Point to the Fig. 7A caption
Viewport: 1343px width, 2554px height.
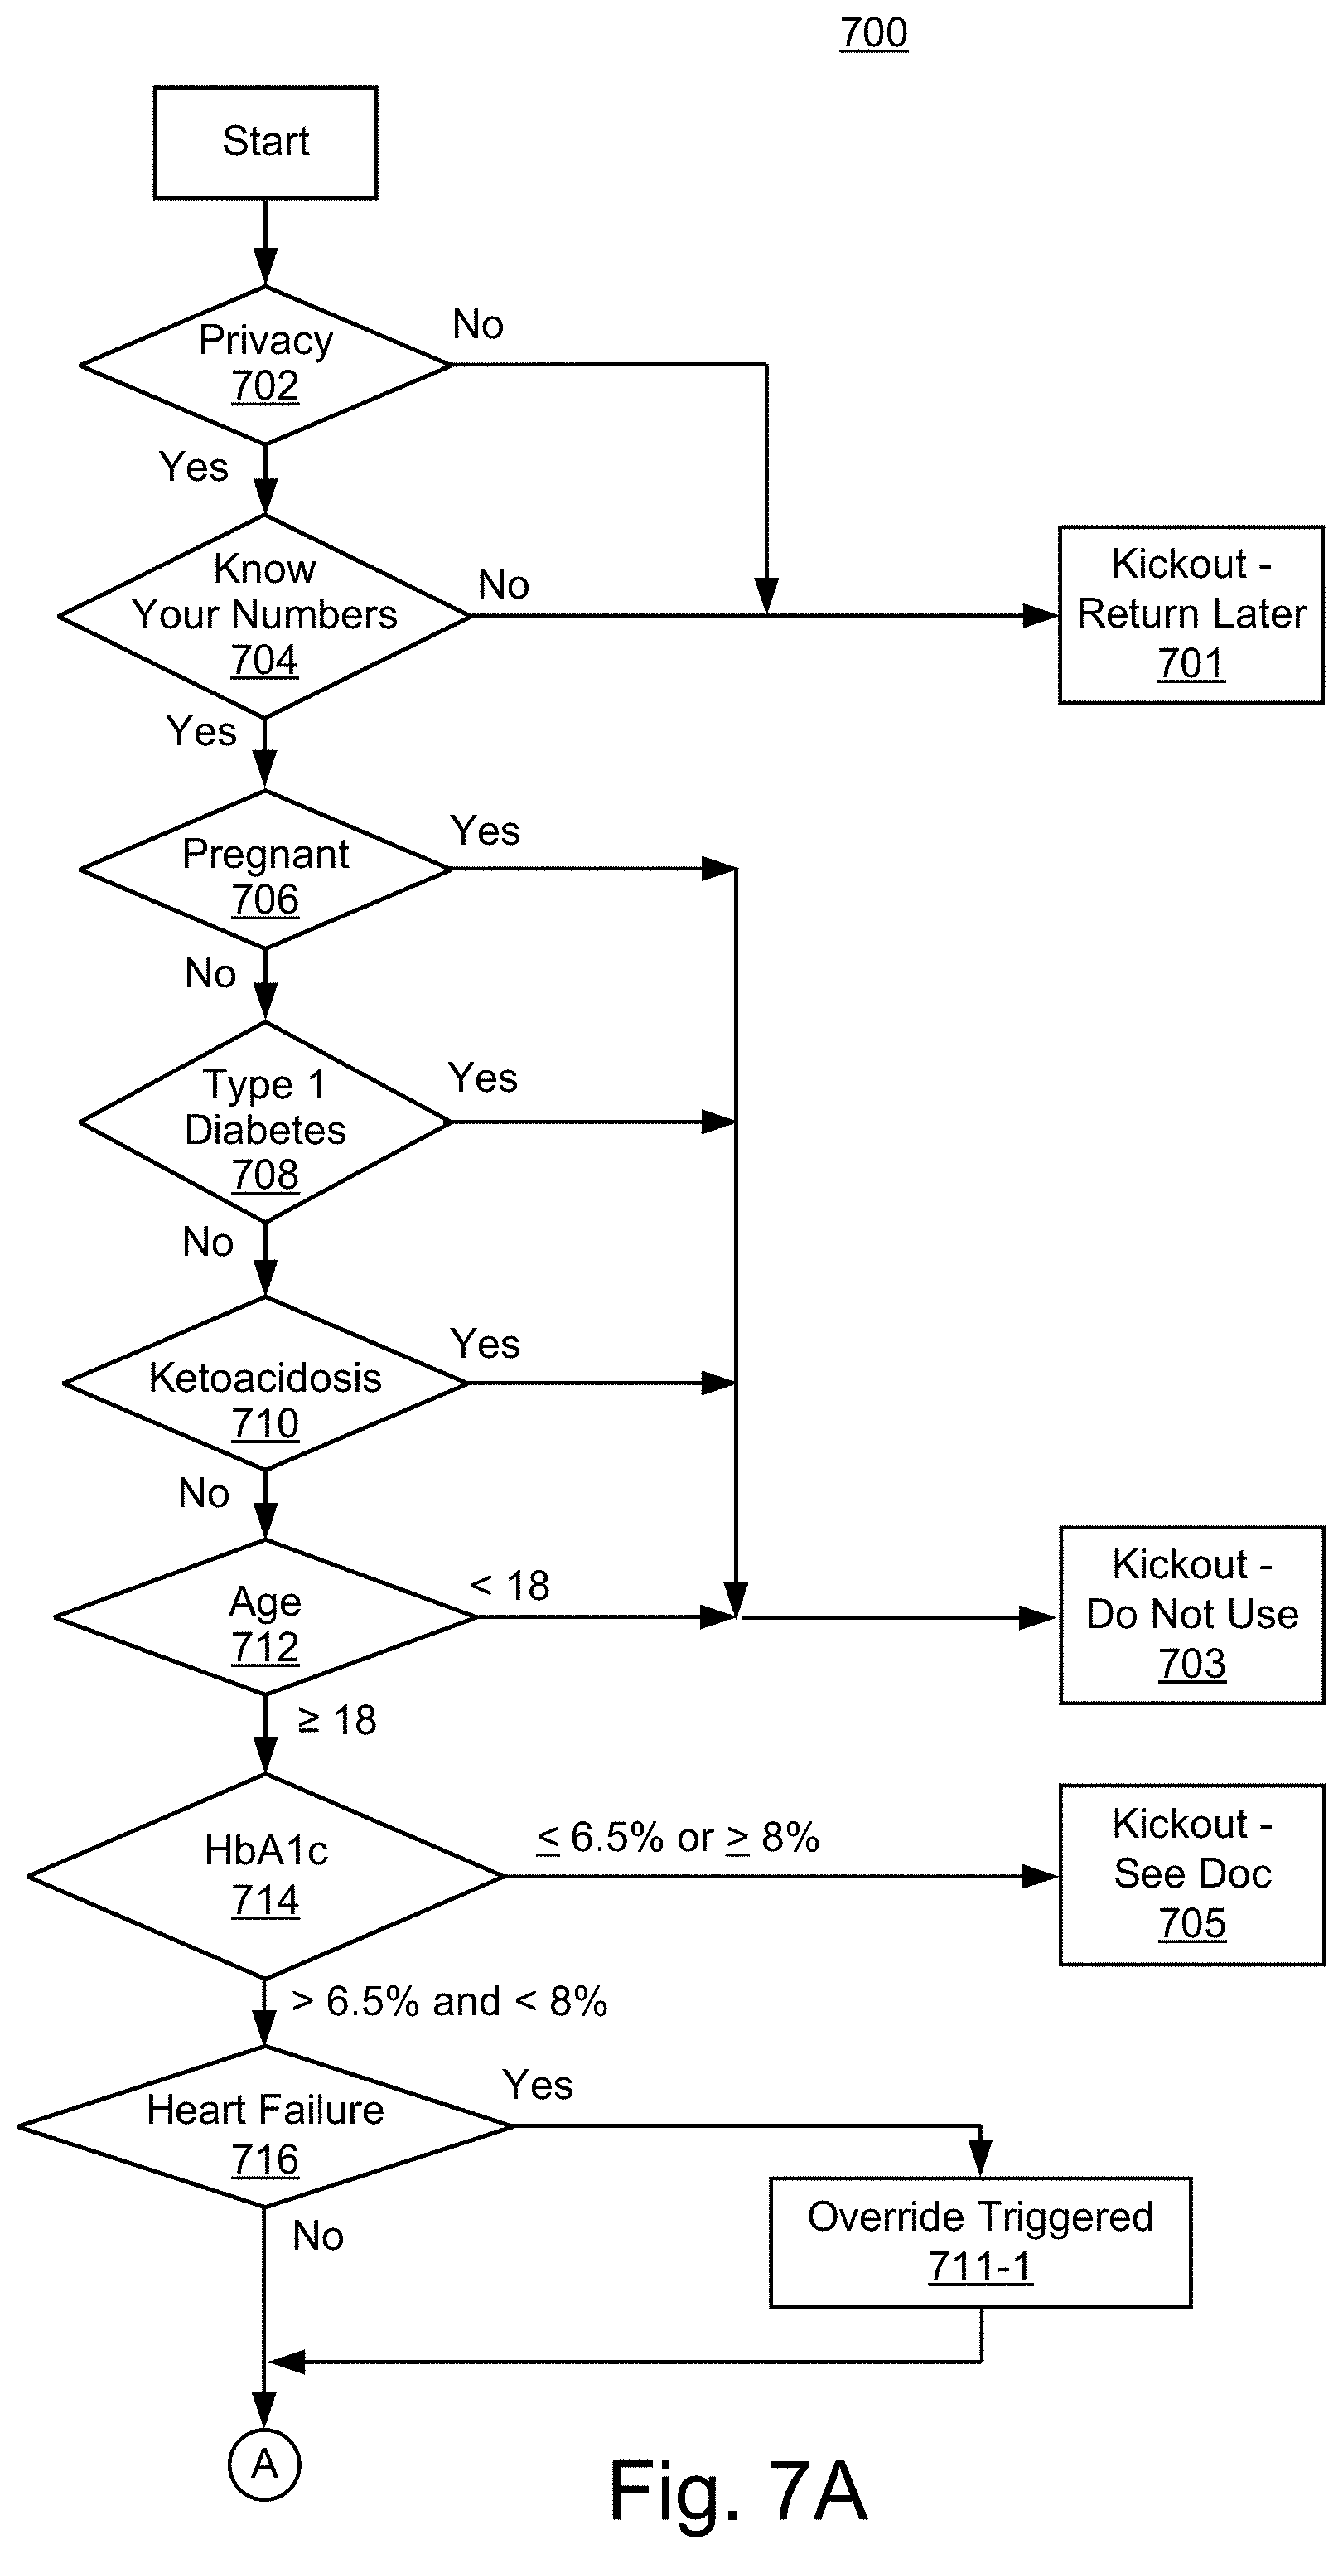[738, 2490]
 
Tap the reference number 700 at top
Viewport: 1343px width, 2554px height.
[873, 32]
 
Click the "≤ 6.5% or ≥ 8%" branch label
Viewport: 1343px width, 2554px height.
[678, 1838]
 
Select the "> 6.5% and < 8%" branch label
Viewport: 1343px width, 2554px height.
[449, 2002]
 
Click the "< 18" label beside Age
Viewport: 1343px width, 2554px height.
[510, 1585]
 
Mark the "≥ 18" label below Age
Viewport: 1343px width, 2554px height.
[337, 1720]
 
